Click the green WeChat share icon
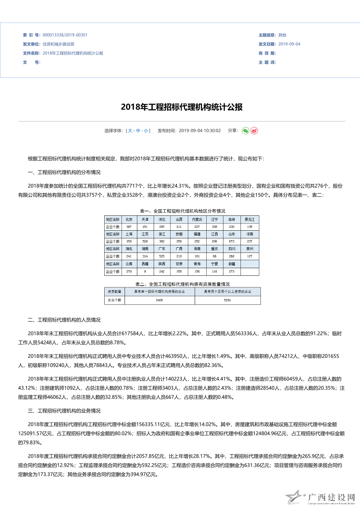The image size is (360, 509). (246, 131)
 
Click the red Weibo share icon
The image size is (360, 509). (254, 131)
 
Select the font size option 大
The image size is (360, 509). (130, 131)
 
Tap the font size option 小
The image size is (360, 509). (146, 131)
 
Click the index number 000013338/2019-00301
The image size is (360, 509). (65, 35)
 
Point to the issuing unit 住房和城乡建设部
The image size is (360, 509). (58, 44)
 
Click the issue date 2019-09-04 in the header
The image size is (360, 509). (289, 44)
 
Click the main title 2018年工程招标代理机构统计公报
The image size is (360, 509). (182, 107)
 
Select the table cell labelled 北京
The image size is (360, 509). (129, 219)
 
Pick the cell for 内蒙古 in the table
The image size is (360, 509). (197, 219)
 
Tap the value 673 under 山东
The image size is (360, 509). (232, 241)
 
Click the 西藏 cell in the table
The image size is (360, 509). (145, 264)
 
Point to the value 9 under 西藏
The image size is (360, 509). (145, 271)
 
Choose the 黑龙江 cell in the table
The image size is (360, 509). (250, 219)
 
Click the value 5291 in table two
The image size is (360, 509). (227, 300)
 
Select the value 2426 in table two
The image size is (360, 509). (159, 300)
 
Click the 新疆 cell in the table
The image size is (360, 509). (232, 264)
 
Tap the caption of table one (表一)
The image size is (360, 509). (182, 211)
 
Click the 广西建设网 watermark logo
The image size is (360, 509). (320, 498)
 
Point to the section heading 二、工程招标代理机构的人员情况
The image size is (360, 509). (64, 320)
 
